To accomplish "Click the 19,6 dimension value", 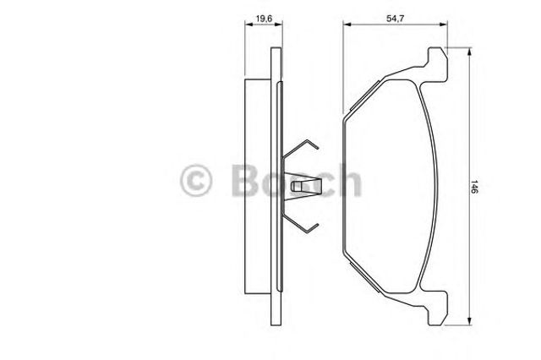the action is pos(265,19).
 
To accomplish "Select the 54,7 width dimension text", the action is pos(395,19).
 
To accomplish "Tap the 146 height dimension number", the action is pos(474,187).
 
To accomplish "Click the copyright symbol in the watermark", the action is pos(195,180).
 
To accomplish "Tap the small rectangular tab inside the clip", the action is pos(296,186).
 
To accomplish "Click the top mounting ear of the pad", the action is pos(438,64).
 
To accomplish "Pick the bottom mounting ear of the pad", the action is pos(438,308).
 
